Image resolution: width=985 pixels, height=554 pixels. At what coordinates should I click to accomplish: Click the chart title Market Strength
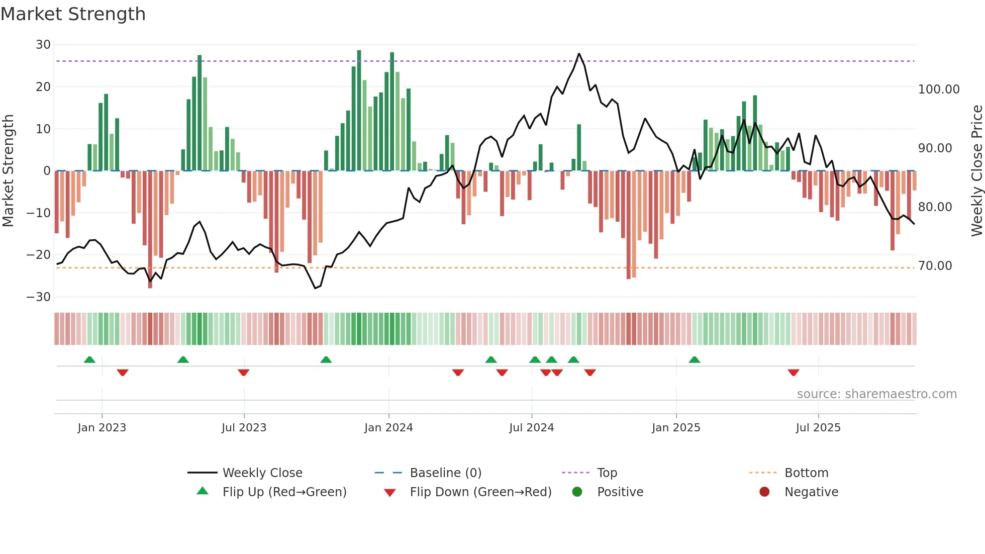tap(73, 14)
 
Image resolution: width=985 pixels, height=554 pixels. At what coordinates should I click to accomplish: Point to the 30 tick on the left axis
tap(43, 45)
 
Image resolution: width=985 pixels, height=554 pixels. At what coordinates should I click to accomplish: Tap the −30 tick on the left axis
tap(39, 297)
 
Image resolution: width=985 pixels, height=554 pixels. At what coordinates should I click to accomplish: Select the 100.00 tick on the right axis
tap(938, 89)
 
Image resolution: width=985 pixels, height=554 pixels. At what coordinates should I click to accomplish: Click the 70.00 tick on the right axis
tap(935, 266)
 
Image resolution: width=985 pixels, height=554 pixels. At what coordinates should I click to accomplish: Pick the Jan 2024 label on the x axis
tap(388, 428)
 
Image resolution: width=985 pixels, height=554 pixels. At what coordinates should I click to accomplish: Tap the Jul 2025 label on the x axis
tap(818, 428)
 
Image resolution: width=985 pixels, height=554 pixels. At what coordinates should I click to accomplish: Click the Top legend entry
tap(607, 473)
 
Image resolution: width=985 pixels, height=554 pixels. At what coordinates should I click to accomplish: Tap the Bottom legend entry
tap(806, 473)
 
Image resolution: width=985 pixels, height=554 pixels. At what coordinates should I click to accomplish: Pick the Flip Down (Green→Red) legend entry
tap(480, 492)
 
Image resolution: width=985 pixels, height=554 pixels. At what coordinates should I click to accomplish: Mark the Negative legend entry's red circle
tap(764, 492)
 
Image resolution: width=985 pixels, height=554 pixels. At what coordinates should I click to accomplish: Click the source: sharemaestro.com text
tap(876, 394)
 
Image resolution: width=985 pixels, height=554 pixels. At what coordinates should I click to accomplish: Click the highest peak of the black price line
tap(579, 54)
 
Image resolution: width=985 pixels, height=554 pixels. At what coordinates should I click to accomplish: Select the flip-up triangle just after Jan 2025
tap(694, 359)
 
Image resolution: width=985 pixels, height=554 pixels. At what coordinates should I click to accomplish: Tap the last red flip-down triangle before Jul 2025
tap(793, 373)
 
